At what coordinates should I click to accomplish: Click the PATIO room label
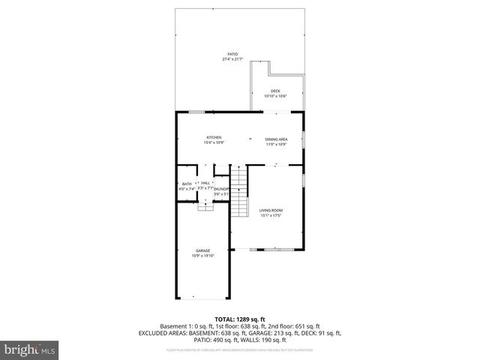click(x=232, y=55)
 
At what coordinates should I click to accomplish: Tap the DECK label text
click(x=275, y=91)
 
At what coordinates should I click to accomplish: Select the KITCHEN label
click(x=214, y=137)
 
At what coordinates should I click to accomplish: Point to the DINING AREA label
click(x=276, y=139)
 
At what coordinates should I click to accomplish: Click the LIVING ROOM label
click(x=271, y=210)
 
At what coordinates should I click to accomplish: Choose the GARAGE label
click(x=202, y=250)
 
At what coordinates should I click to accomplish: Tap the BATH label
click(x=187, y=184)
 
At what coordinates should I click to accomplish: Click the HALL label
click(x=205, y=182)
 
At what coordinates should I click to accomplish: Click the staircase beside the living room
click(x=238, y=192)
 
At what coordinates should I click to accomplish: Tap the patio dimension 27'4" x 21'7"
click(x=232, y=60)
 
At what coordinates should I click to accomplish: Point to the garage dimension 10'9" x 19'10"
click(x=202, y=256)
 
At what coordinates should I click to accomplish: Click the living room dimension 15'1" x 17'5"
click(x=271, y=216)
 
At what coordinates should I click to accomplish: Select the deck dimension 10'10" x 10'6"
click(x=275, y=96)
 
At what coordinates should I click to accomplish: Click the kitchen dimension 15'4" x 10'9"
click(x=214, y=142)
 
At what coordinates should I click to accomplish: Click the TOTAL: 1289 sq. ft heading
click(x=239, y=319)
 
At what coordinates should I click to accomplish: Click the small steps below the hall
click(x=205, y=206)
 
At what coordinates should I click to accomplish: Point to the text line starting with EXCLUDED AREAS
click(x=239, y=332)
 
